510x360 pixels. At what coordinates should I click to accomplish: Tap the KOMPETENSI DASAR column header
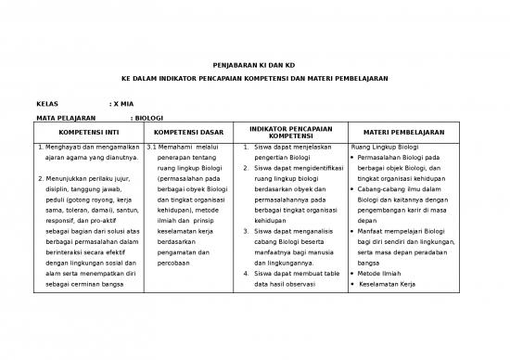coord(190,133)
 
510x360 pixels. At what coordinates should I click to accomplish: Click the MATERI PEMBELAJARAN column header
coord(403,133)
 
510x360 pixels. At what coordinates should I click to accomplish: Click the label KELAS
coord(49,103)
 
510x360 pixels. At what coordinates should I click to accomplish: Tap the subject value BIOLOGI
coord(148,118)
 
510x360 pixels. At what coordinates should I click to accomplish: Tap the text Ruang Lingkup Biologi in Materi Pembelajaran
coord(385,147)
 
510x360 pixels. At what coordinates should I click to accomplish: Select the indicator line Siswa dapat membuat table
coord(294,275)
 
